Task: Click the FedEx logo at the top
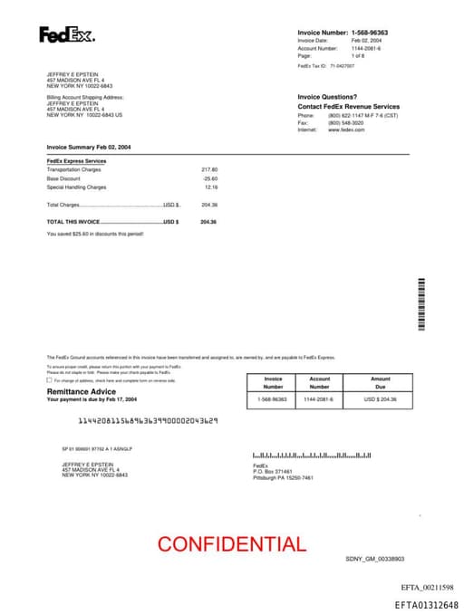[x=66, y=35]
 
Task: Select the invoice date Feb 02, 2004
[x=366, y=41]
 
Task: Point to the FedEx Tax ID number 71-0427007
[x=343, y=65]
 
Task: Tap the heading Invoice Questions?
[x=327, y=97]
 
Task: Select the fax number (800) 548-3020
[x=345, y=123]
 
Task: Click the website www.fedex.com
[x=346, y=130]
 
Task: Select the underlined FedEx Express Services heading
[x=76, y=161]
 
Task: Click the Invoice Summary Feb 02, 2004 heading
[x=89, y=146]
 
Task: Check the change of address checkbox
[x=49, y=380]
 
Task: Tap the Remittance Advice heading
[x=81, y=391]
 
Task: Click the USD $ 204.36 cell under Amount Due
[x=381, y=399]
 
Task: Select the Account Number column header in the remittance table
[x=319, y=383]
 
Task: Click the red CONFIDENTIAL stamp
[x=231, y=544]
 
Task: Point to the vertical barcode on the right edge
[x=421, y=303]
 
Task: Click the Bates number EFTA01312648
[x=426, y=604]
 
